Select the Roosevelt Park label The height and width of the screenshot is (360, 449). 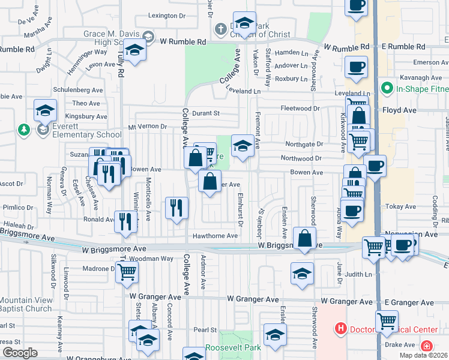coord(234,347)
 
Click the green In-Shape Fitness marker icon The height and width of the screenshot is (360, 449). coord(387,89)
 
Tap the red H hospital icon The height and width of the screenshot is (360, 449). coord(341,329)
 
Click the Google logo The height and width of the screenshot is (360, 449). coord(19,353)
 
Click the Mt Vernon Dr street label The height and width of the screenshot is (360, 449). coord(147,126)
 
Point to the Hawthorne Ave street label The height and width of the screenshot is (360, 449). coord(215,236)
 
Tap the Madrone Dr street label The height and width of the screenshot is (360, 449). coord(94,268)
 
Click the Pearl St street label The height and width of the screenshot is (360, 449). coord(205,330)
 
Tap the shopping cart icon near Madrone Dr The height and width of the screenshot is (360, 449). coord(127,272)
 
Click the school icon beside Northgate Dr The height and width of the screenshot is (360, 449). coord(243,145)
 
